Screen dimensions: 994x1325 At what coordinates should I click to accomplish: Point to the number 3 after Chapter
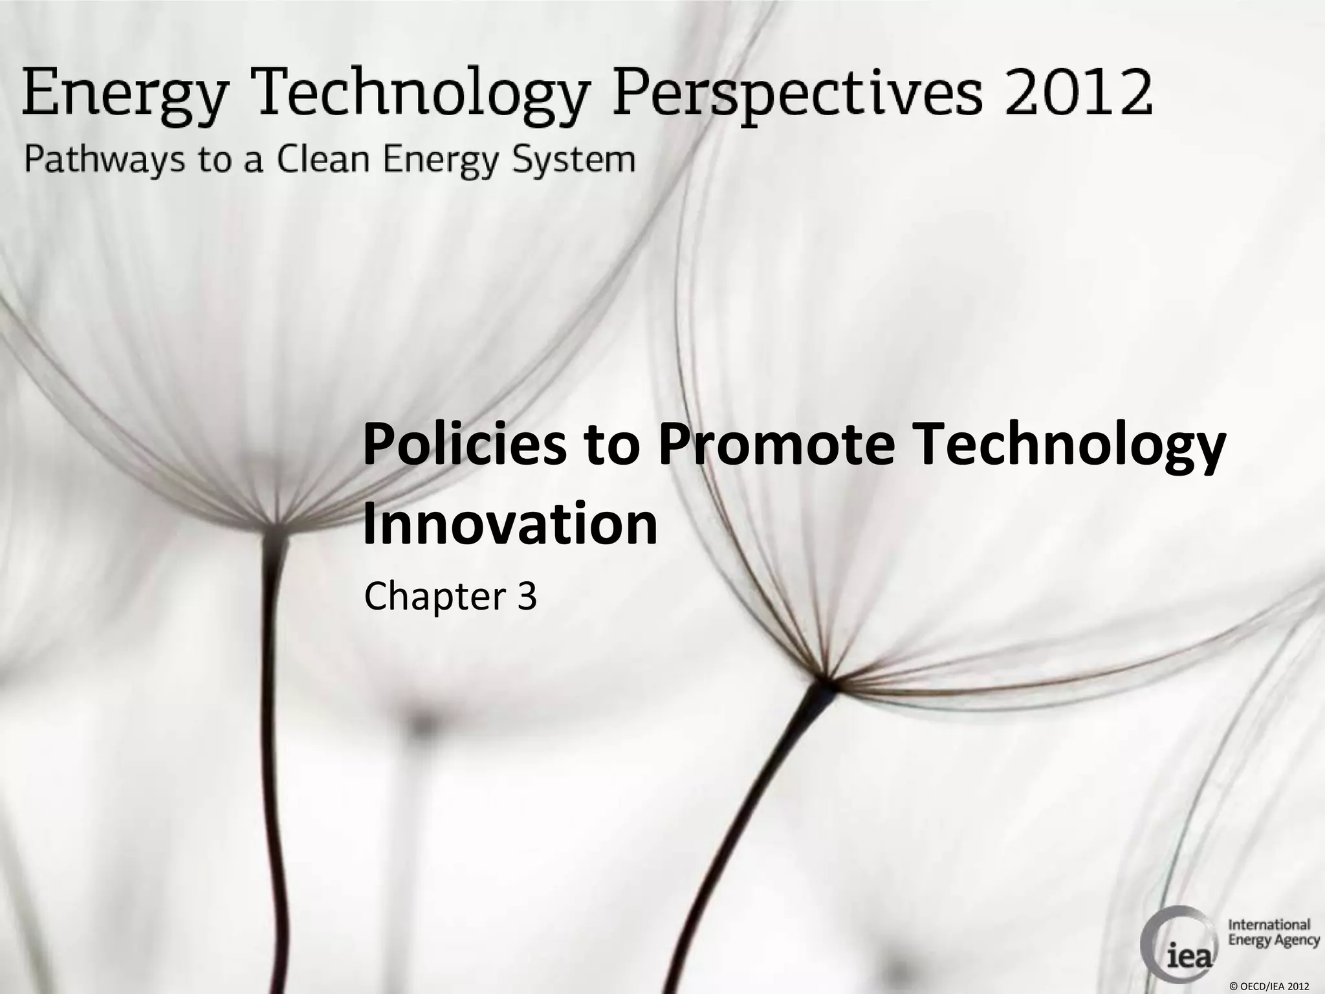pyautogui.click(x=527, y=596)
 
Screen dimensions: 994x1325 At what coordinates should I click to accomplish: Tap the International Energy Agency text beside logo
pyautogui.click(x=1273, y=932)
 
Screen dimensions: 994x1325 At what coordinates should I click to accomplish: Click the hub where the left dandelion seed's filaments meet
pyautogui.click(x=277, y=523)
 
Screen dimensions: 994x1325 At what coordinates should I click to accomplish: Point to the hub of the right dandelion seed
pyautogui.click(x=824, y=679)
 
